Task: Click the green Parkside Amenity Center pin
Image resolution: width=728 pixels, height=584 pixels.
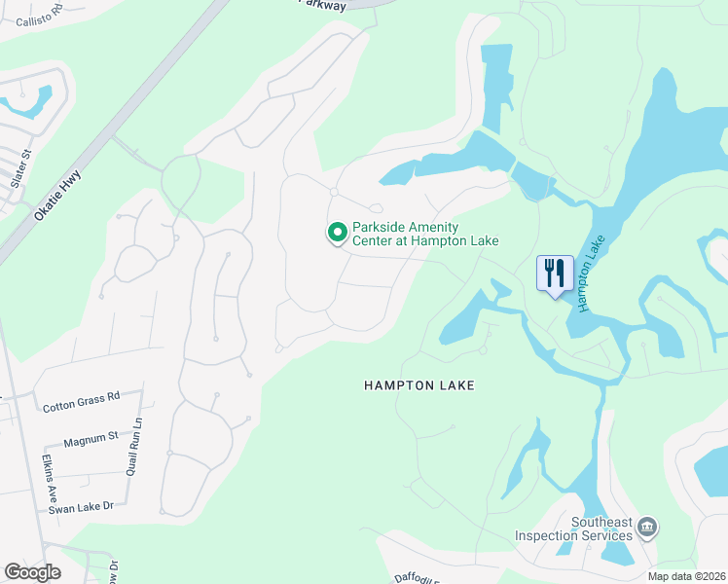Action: coord(337,233)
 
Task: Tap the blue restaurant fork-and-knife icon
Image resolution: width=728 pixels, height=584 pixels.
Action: coord(555,272)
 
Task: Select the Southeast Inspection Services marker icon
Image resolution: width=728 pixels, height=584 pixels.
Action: coord(648,528)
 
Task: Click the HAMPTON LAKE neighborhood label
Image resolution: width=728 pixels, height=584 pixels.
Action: coord(419,385)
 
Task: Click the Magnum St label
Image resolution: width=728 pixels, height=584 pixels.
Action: coord(91,441)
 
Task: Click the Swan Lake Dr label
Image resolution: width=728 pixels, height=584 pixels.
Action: coord(82,506)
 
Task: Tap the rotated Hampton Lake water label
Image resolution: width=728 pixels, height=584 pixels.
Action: coord(591,274)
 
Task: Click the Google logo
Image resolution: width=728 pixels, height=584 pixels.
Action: coord(32,572)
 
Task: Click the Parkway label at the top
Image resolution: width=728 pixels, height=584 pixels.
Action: coord(322,5)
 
